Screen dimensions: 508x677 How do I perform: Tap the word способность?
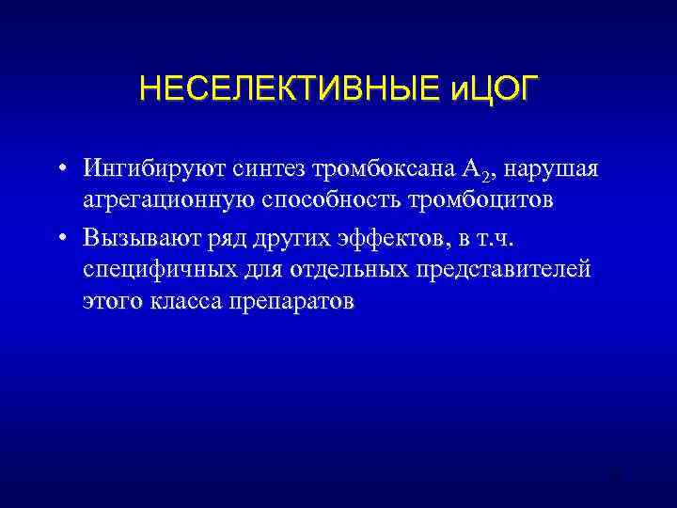tap(325, 202)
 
